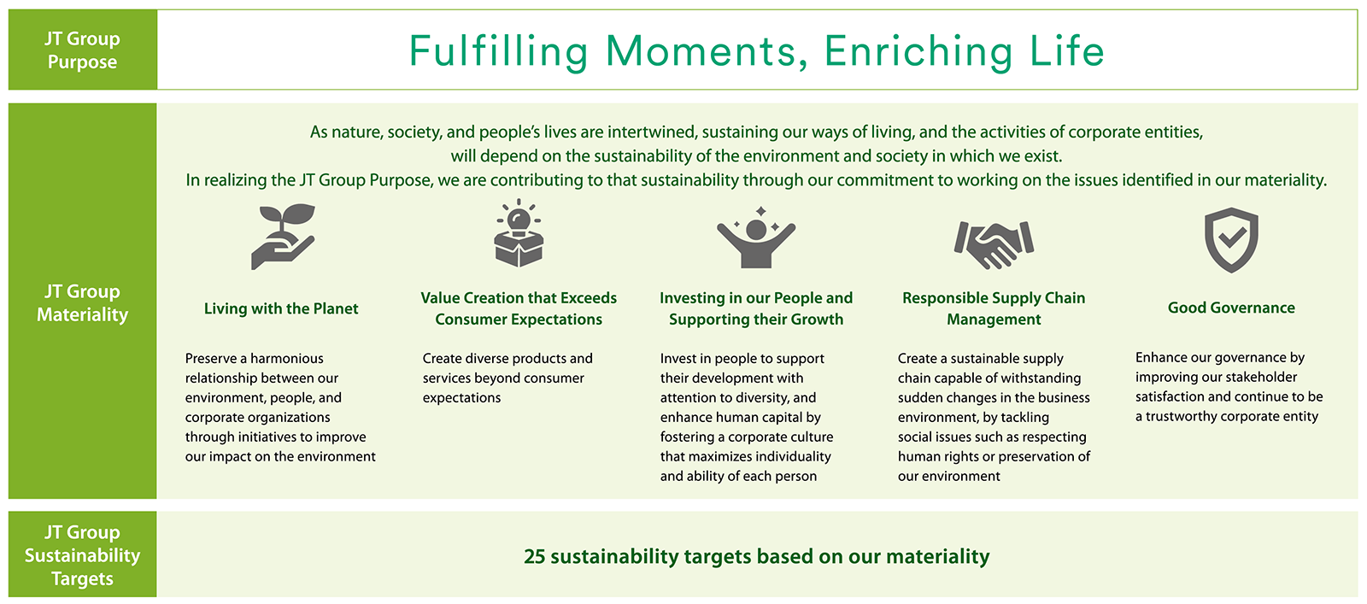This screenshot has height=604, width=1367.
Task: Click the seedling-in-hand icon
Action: pyautogui.click(x=283, y=237)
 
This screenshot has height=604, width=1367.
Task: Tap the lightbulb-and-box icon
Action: pyautogui.click(x=519, y=233)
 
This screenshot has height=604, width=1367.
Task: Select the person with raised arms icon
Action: pyautogui.click(x=756, y=238)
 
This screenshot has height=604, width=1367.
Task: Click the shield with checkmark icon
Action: pyautogui.click(x=1231, y=240)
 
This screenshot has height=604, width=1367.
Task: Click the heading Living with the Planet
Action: pyautogui.click(x=281, y=308)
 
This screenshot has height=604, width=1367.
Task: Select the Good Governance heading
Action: pyautogui.click(x=1231, y=308)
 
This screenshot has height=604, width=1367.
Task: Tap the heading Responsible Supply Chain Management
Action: pyautogui.click(x=994, y=308)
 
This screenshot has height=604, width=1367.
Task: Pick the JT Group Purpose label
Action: pyautogui.click(x=82, y=50)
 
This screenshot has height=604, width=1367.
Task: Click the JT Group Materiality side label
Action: pyautogui.click(x=82, y=302)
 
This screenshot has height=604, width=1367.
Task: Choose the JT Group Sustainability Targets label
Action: pyautogui.click(x=82, y=555)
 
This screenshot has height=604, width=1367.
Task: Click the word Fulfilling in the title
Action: pyautogui.click(x=498, y=52)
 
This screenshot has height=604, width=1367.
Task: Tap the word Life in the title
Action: pyautogui.click(x=1067, y=50)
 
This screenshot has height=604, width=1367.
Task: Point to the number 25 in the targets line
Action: pyautogui.click(x=534, y=556)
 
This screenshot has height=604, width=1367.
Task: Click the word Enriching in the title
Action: pyautogui.click(x=918, y=52)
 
